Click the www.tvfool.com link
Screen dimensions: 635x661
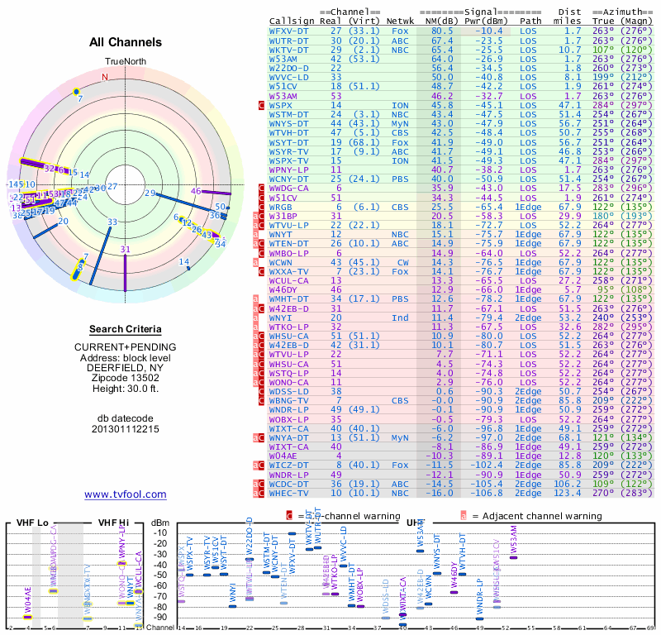[125, 494]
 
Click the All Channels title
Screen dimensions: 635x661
[125, 43]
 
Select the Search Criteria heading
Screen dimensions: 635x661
[125, 329]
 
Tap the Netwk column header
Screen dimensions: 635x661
[401, 20]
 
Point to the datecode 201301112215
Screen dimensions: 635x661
[125, 429]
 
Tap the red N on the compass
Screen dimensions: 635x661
[104, 77]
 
